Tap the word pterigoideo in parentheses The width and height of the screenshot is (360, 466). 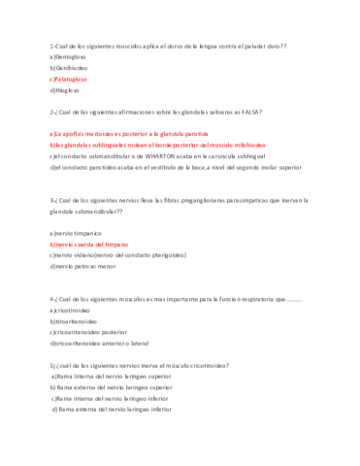point(166,255)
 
